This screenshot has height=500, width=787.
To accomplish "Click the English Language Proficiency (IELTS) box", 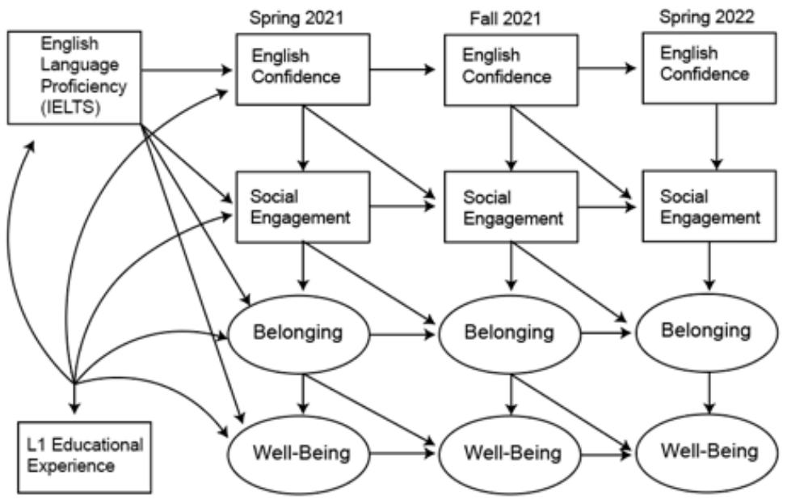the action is click(74, 78).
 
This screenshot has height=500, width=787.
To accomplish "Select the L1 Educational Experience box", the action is click(84, 457).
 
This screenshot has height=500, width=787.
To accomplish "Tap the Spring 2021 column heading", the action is click(297, 18).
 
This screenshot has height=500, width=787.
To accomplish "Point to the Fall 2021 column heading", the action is click(505, 19).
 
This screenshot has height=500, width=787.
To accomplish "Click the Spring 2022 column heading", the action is click(707, 16).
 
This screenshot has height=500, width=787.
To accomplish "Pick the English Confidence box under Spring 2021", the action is click(303, 70).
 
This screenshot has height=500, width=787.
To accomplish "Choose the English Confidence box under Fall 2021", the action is click(511, 70).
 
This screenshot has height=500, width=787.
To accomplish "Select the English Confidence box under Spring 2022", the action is click(709, 68).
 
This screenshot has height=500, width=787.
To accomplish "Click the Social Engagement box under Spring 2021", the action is click(303, 207).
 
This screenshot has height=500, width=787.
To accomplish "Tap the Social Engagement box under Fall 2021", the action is click(511, 207).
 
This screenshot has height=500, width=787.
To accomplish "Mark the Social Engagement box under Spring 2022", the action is click(709, 206).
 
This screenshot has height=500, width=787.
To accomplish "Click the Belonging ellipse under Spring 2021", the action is click(299, 333).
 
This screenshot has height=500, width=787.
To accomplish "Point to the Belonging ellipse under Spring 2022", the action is click(707, 333).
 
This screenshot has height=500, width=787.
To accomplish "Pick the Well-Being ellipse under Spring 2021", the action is click(299, 454).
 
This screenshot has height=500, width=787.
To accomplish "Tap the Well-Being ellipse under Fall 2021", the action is click(510, 454).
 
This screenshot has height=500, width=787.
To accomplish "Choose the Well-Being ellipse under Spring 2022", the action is click(707, 453).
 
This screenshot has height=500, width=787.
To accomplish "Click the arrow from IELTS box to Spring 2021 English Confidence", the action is click(187, 70).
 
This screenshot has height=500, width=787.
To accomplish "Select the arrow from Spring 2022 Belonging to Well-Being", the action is click(709, 392).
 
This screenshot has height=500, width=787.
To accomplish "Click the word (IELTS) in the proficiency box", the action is click(70, 107).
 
